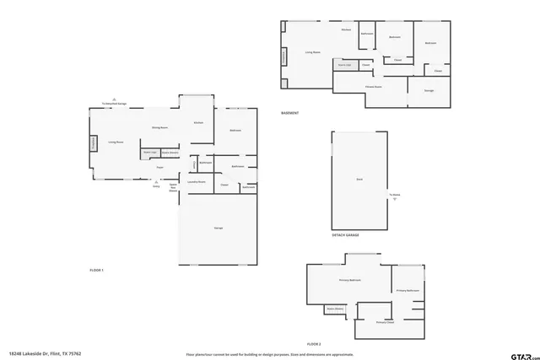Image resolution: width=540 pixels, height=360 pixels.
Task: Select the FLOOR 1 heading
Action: pos(96,270)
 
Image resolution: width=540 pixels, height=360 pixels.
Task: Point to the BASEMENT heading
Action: pos(289,113)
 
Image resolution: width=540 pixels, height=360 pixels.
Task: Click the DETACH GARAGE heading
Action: pos(345,235)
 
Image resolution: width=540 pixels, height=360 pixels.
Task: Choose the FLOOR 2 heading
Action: pos(314,344)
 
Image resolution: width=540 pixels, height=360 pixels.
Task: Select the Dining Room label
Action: pos(159,127)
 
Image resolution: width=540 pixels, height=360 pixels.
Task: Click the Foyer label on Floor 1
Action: pos(159,167)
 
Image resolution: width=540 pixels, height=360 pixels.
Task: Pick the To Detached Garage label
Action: pos(114,104)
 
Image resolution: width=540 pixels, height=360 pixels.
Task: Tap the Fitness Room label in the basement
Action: pos(374,87)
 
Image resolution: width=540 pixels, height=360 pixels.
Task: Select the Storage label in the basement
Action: pos(428,89)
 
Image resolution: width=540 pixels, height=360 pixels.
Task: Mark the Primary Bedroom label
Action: pos(350,280)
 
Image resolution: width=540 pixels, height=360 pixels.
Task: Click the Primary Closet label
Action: pos(385,323)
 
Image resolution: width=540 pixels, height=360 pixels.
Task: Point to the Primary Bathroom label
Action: pos(408,291)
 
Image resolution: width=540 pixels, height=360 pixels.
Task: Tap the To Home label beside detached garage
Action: pos(393,195)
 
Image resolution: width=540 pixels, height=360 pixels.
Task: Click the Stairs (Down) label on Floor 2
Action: pos(335,309)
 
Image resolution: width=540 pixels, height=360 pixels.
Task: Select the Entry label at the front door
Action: pos(155,185)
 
